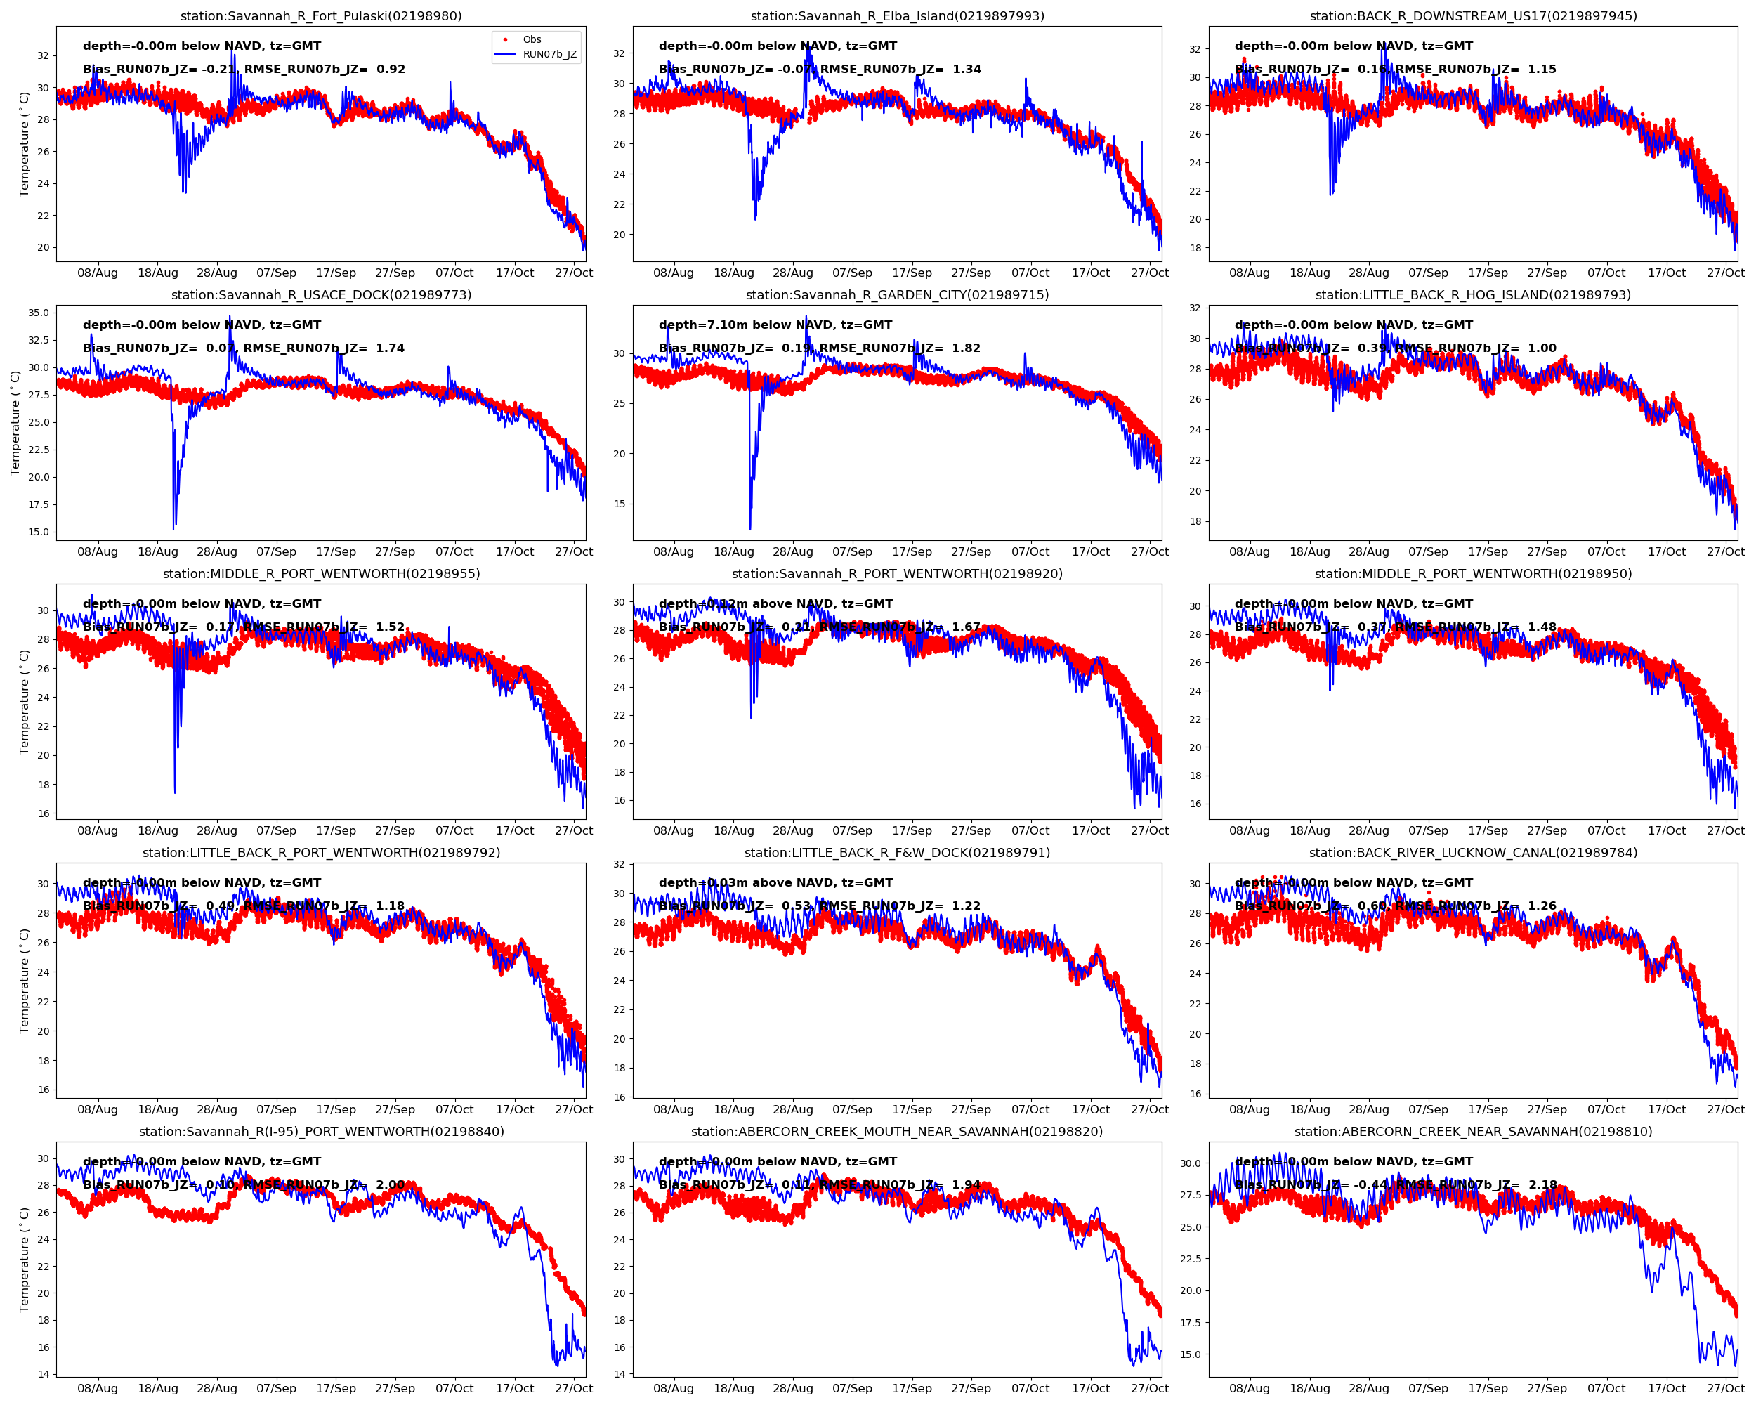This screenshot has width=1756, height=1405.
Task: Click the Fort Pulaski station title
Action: (321, 15)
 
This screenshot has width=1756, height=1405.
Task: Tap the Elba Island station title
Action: (897, 15)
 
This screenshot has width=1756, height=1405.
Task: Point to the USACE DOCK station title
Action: (321, 295)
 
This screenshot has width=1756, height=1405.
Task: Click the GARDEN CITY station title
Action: (897, 295)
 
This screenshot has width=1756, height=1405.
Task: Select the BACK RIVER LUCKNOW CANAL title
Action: (1472, 853)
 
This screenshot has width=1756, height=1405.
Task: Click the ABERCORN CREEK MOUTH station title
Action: (897, 1131)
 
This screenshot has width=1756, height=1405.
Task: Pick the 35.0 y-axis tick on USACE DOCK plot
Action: (38, 313)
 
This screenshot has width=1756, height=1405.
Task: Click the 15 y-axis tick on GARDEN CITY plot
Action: (619, 504)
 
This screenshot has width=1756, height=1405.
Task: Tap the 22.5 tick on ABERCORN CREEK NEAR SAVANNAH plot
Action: (1190, 1258)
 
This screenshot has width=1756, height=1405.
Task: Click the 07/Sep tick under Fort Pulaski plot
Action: (276, 273)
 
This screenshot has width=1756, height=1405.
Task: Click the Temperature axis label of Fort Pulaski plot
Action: (25, 144)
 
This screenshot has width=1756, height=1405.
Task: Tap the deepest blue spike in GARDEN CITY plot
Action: (750, 528)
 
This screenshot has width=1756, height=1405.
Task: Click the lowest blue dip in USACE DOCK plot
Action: (173, 528)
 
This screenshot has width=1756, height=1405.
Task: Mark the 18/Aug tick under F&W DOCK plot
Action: (733, 1109)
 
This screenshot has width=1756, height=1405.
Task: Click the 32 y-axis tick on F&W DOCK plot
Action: (619, 864)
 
